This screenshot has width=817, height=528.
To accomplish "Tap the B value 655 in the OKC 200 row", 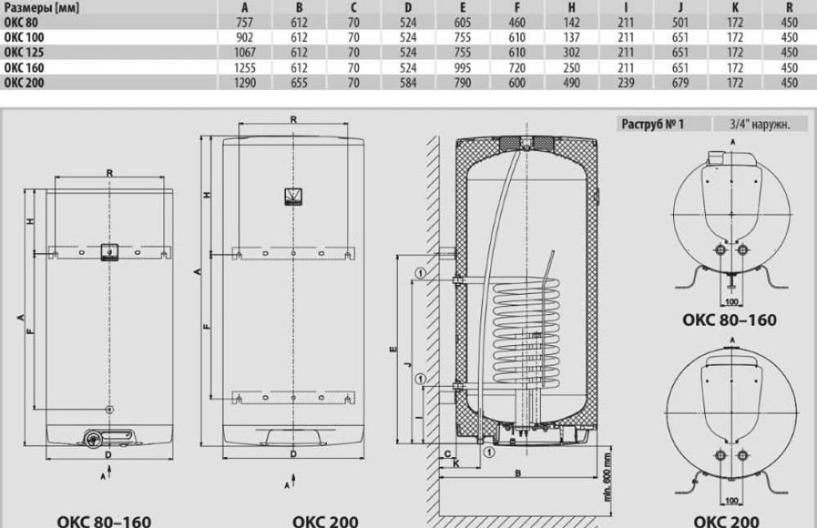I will point(298,82).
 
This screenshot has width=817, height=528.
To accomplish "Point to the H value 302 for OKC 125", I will point(571,53).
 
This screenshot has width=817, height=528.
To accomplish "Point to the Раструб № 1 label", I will point(652,124).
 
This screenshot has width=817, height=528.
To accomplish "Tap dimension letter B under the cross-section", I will point(518,473).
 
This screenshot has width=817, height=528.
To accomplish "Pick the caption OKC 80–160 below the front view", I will point(104,520).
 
